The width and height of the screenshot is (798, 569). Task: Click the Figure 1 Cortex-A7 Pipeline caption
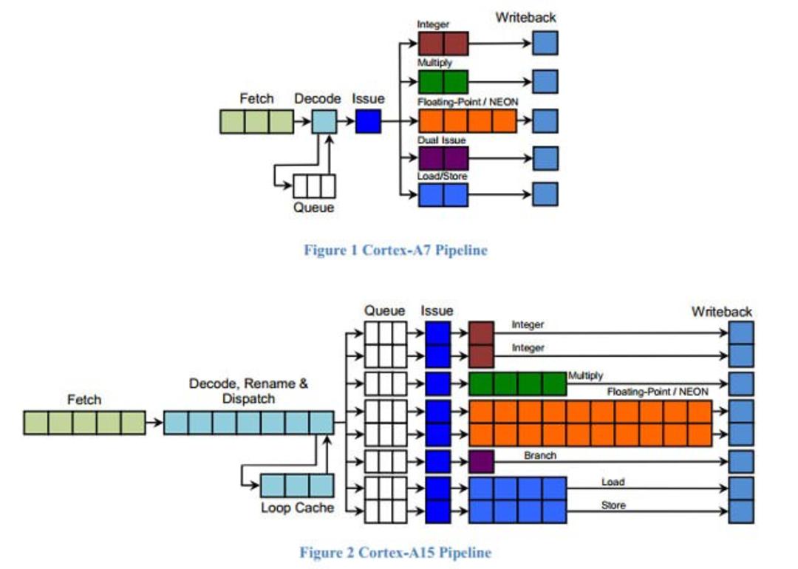point(395,251)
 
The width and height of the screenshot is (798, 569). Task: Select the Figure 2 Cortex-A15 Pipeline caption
point(395,552)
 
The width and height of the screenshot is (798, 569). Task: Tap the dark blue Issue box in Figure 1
point(368,121)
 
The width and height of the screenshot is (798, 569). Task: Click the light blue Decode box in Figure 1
point(324,121)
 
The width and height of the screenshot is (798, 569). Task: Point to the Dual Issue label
point(441,140)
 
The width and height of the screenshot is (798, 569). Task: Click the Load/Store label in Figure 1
point(442,176)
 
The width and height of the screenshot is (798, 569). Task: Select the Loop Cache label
point(297,508)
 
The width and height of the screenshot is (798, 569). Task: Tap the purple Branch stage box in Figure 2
point(481,462)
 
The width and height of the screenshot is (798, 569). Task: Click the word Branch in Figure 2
point(540,455)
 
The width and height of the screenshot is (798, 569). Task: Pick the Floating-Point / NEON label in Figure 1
point(468,102)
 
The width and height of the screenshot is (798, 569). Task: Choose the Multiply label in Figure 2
point(585,375)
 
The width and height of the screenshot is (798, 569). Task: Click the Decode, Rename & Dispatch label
point(248,391)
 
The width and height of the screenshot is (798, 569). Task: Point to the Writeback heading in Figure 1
point(526,17)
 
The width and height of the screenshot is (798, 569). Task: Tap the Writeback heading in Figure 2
point(722,312)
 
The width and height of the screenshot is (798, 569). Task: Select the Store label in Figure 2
point(613,505)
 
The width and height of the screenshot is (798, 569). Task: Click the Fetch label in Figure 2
point(84,400)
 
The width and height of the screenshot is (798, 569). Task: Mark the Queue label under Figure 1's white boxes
point(313,207)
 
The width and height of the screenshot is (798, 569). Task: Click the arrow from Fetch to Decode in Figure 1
point(302,121)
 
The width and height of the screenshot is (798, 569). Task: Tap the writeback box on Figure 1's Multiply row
point(545,81)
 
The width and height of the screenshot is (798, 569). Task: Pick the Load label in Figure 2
point(613,482)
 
